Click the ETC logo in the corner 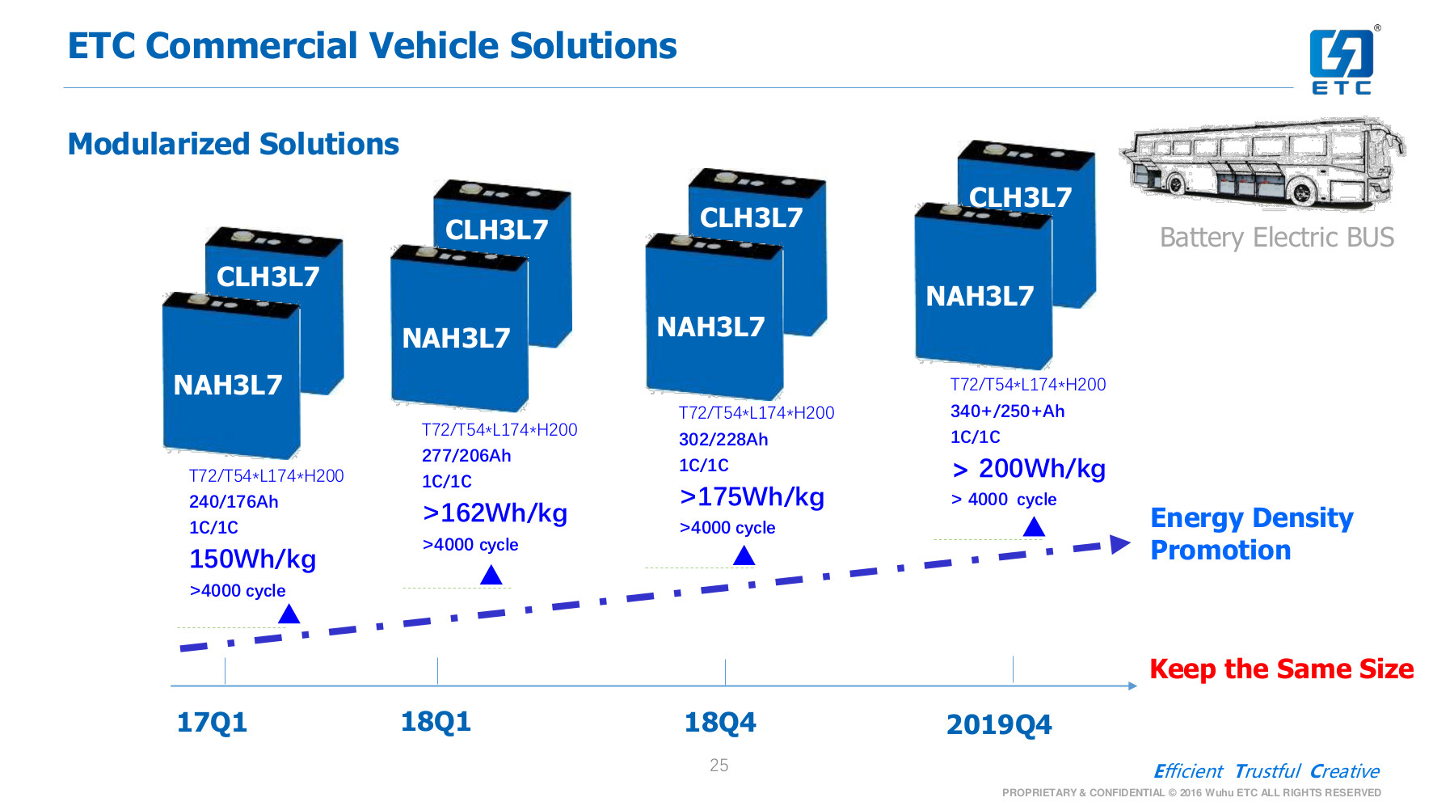pos(1341,61)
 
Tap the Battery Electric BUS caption pos(1276,238)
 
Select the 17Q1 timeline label pos(212,722)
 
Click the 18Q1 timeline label pos(436,721)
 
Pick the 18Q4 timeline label pos(719,722)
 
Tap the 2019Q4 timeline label pos(999,724)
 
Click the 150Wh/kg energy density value pos(252,559)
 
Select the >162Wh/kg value pos(495,513)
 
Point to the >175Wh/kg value pos(752,496)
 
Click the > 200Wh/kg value pos(1029,468)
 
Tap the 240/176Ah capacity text pos(234,501)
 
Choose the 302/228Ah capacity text pos(723,439)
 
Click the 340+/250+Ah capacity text pos(1007,411)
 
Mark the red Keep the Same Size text pos(1281,669)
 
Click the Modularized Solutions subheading pos(234,144)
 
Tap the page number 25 pos(719,765)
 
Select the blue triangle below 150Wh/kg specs pos(289,614)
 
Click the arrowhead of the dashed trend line pos(1120,544)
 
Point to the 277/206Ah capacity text pos(466,455)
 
